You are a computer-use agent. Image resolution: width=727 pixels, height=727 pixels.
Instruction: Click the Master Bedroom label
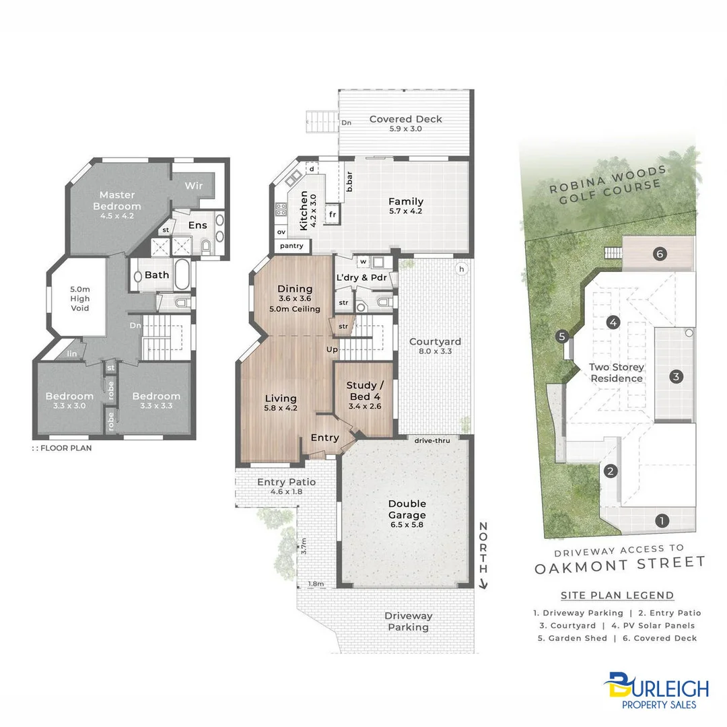point(117,201)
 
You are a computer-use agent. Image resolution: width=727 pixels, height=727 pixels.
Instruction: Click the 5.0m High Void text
point(79,300)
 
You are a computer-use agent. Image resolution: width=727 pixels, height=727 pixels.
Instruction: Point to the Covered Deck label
point(405,119)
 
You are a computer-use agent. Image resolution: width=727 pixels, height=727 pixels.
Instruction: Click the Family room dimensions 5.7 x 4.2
point(405,211)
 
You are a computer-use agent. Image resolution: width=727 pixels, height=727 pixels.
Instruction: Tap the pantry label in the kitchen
point(292,246)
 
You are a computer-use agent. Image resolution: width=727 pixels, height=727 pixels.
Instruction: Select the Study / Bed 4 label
point(363,390)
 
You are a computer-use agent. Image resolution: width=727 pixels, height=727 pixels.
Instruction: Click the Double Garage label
point(407,510)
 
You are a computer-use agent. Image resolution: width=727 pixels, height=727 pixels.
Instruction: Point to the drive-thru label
point(432,440)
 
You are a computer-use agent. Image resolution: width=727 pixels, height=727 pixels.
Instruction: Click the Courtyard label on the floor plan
point(435,341)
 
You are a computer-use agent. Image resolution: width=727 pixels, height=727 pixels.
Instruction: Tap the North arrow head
point(483,585)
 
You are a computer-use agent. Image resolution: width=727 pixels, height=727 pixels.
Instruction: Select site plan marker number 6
point(660,254)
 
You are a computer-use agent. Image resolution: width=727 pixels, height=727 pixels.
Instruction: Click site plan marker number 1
point(662,520)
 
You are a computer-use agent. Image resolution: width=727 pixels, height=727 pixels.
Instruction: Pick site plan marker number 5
point(562,337)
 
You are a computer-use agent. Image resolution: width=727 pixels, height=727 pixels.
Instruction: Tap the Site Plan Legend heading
point(617,595)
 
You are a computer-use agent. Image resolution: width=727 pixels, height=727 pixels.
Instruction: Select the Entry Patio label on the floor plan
point(286,482)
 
